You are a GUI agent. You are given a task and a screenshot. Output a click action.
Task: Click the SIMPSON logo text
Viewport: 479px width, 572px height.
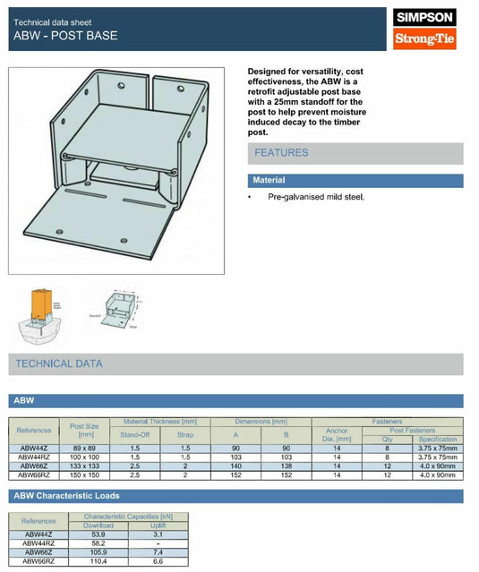(x=425, y=17)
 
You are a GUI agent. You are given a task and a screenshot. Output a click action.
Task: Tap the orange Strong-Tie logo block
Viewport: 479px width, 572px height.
(x=425, y=39)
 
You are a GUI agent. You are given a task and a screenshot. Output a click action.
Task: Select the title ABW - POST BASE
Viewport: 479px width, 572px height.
(x=65, y=36)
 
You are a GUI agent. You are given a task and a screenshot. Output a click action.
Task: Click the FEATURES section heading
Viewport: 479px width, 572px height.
(x=281, y=153)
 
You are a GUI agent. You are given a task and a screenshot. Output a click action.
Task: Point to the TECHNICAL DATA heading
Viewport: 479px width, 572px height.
(x=59, y=363)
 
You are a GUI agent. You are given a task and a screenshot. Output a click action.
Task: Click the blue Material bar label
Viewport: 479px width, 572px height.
(x=269, y=180)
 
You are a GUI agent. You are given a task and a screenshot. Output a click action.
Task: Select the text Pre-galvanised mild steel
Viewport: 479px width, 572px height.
(x=316, y=196)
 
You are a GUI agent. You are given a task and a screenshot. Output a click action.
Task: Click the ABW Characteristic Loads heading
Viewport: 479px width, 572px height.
(x=67, y=495)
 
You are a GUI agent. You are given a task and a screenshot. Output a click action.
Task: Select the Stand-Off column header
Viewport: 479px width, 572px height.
(x=136, y=434)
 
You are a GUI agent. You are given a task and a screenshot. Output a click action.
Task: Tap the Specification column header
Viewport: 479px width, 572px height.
(x=437, y=440)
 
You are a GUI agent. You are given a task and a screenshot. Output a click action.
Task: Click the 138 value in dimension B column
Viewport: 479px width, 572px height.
(x=287, y=465)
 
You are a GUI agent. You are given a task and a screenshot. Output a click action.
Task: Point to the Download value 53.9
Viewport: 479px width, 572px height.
(x=98, y=534)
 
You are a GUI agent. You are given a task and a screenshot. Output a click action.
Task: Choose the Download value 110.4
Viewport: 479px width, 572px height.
(x=98, y=560)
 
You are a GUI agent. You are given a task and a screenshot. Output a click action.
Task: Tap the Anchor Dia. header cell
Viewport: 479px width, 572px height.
(x=337, y=434)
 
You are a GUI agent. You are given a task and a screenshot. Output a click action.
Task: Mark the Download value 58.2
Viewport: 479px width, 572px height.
(x=98, y=543)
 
